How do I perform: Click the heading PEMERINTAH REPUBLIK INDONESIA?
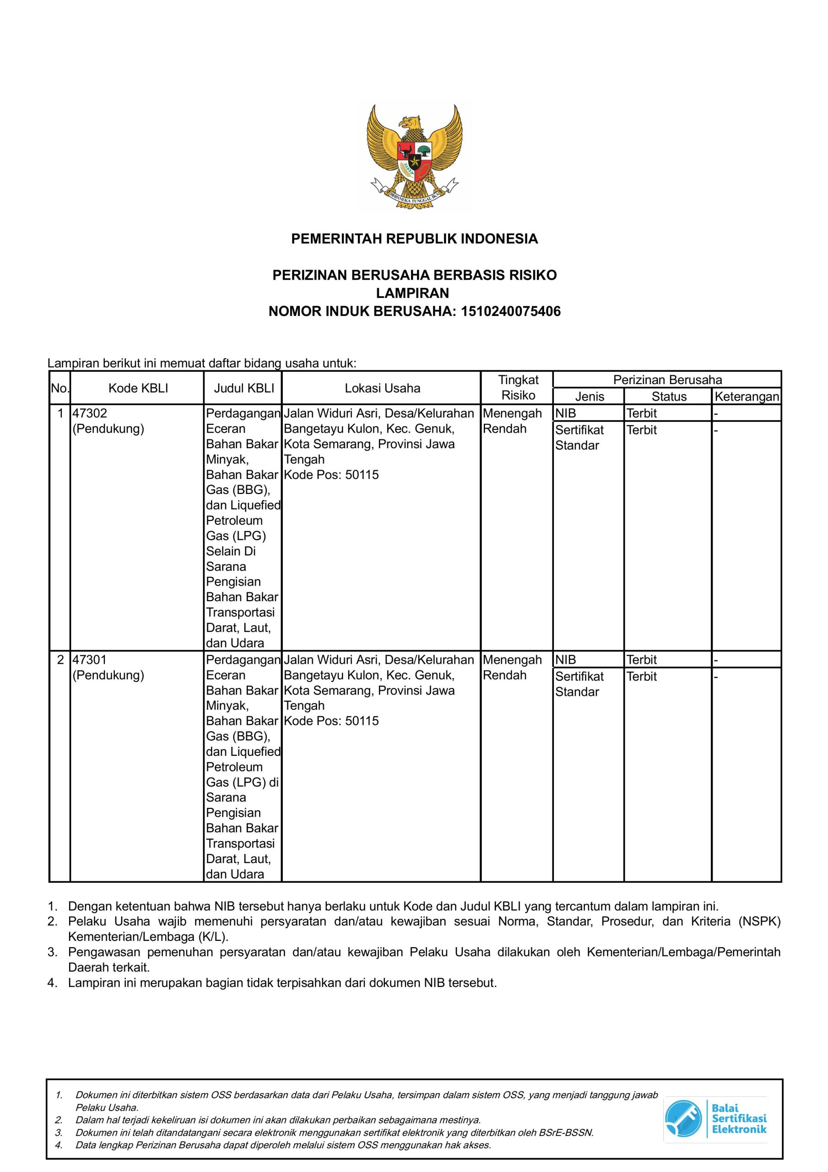[x=414, y=239]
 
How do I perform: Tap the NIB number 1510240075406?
[x=510, y=311]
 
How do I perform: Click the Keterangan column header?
[x=747, y=396]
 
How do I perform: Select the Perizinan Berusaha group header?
[x=667, y=380]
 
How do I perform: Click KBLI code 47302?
[x=90, y=413]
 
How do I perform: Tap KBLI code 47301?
[x=90, y=660]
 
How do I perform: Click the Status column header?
[x=669, y=396]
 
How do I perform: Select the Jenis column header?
[x=589, y=396]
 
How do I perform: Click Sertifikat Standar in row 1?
[x=579, y=438]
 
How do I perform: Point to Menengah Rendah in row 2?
[x=512, y=667]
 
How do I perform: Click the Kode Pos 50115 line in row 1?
[x=331, y=475]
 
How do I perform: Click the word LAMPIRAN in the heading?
[x=412, y=293]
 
